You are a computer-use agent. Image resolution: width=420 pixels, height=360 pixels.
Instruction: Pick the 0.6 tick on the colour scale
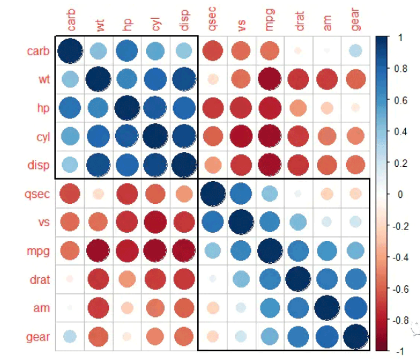(x=403, y=100)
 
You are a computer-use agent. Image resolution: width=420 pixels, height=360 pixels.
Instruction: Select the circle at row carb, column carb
(x=71, y=50)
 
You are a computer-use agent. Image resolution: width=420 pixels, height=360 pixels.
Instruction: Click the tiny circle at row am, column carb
(x=71, y=308)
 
